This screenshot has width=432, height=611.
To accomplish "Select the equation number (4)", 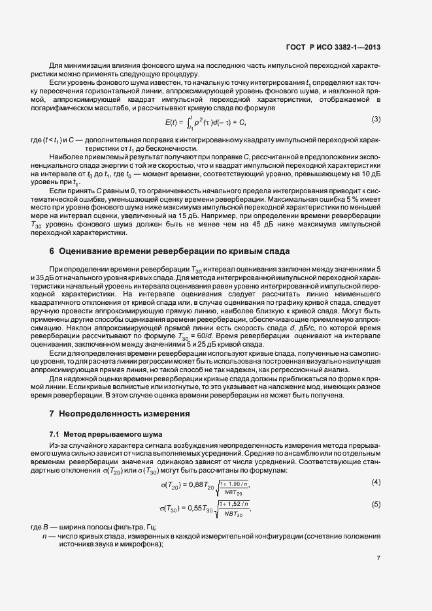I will (x=376, y=482).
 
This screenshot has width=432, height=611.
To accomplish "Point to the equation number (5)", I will (x=376, y=504).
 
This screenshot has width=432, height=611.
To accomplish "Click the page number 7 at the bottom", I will (x=378, y=558).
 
